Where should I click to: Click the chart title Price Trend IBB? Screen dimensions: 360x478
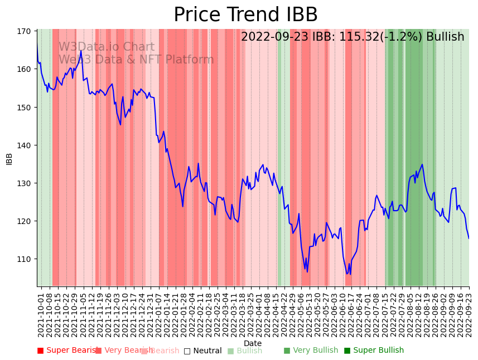[245, 15]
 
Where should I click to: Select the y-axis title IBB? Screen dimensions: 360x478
[9, 158]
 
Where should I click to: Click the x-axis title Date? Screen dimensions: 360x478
[253, 343]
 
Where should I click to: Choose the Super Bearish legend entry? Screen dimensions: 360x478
[67, 351]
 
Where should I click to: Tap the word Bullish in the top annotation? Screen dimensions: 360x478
[445, 37]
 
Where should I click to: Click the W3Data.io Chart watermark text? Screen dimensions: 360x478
[107, 47]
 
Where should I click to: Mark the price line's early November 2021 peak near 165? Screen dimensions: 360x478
[81, 51]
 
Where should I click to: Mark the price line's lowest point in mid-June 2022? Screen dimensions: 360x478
[347, 274]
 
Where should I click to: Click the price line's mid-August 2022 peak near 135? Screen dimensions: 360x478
[422, 164]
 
